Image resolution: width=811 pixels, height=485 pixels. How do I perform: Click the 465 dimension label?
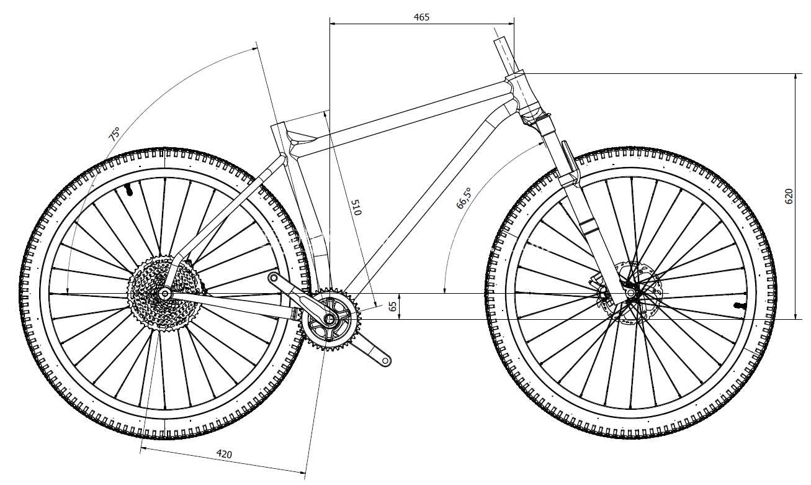point(421,17)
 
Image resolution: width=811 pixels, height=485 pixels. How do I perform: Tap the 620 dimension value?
point(789,196)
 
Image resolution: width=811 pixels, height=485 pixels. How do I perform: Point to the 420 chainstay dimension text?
point(224,453)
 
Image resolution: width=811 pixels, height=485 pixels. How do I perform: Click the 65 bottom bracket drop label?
point(392,306)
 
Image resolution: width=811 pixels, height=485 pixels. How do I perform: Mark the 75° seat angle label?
point(114,134)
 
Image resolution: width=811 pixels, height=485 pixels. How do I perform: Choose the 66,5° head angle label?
point(464,198)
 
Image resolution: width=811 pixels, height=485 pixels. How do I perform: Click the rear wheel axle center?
point(164,293)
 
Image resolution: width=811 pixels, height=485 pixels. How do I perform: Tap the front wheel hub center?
point(630,292)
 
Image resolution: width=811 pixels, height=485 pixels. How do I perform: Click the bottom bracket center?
point(329,319)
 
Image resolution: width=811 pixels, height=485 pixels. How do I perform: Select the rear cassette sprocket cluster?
point(164,293)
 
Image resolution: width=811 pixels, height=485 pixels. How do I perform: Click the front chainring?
point(330,319)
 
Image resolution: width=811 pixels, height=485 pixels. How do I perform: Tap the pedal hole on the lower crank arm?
point(385,361)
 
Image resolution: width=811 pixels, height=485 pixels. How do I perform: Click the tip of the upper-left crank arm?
point(272,278)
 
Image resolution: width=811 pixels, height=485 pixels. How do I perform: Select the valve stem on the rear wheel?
point(128,190)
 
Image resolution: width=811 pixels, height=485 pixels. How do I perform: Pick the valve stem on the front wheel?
point(738,306)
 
